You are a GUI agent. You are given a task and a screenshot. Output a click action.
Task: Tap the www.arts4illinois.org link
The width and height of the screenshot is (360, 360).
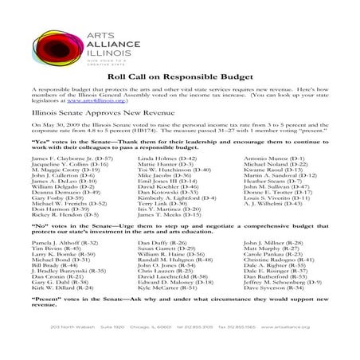point(86,102)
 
